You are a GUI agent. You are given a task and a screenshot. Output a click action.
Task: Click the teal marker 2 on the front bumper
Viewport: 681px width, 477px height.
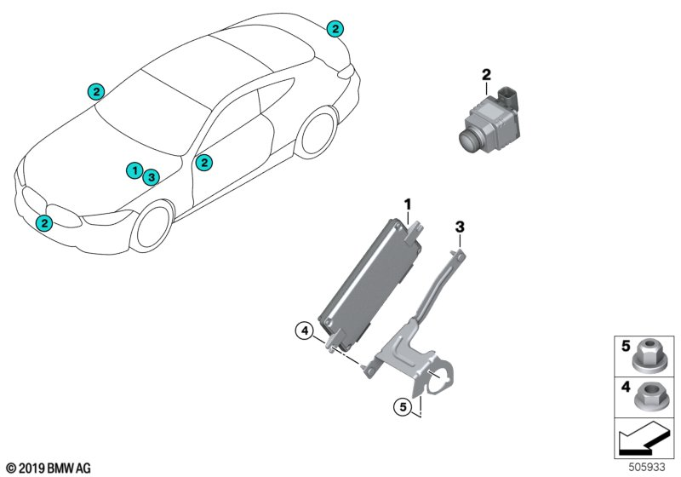click(x=44, y=223)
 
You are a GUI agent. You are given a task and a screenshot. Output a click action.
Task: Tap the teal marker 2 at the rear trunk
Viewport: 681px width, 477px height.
click(x=335, y=29)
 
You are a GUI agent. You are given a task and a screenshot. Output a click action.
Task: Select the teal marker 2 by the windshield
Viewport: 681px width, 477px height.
click(x=96, y=92)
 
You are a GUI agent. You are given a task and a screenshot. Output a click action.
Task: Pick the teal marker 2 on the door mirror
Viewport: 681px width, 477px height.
click(x=203, y=163)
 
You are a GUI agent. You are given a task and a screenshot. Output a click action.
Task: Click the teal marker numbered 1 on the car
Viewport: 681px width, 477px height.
click(x=135, y=170)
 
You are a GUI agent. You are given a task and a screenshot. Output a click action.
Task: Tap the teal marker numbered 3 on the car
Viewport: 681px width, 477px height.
click(x=152, y=177)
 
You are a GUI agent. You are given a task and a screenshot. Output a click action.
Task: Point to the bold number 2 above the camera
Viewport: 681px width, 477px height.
click(x=486, y=75)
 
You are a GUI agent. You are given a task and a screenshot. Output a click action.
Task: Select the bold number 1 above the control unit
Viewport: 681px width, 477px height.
click(x=408, y=204)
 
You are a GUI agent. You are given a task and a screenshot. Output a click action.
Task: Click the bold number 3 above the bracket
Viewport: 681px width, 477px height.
click(x=460, y=227)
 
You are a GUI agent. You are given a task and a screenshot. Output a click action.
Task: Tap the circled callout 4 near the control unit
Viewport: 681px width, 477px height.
click(x=305, y=331)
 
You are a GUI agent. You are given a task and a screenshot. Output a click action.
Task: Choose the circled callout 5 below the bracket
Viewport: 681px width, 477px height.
click(x=403, y=407)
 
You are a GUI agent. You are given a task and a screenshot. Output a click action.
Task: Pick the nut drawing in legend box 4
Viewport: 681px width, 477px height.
click(x=649, y=399)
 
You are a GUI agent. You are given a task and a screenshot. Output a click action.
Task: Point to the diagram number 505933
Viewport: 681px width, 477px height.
click(x=647, y=468)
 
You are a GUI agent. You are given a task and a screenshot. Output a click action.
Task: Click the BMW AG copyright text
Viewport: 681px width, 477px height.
click(x=49, y=468)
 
